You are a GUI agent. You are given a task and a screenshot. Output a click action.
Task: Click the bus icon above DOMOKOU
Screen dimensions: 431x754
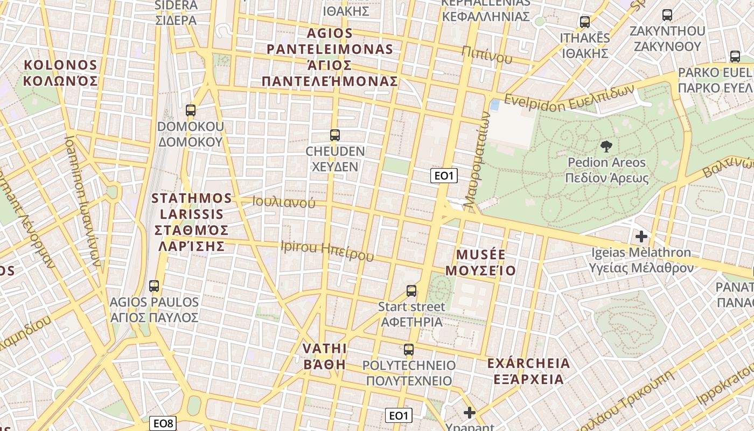(190, 110)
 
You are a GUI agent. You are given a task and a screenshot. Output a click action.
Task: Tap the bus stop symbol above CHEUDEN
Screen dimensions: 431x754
(335, 135)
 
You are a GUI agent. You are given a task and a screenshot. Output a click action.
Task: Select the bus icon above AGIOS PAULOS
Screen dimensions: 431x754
(154, 286)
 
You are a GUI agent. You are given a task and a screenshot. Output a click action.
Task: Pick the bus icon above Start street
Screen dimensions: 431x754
(411, 291)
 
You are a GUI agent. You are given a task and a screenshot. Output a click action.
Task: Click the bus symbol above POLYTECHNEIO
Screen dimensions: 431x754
(409, 350)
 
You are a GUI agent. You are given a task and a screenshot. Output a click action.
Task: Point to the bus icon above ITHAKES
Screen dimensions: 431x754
(585, 22)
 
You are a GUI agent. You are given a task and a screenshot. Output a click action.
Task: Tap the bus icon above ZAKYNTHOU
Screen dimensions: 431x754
(667, 15)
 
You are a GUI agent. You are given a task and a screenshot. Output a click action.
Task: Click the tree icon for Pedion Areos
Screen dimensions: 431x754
(606, 147)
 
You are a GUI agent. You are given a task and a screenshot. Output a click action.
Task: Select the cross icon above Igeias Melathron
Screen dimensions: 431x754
(641, 236)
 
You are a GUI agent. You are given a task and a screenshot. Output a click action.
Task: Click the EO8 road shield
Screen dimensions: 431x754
(163, 423)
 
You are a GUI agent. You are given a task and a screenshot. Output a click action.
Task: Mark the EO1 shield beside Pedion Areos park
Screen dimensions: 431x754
(444, 176)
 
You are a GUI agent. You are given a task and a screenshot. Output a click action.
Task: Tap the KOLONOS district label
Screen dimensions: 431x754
(60, 73)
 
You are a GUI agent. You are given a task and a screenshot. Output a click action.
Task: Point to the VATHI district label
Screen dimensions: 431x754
(325, 356)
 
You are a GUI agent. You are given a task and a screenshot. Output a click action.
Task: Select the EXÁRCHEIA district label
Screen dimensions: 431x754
(528, 371)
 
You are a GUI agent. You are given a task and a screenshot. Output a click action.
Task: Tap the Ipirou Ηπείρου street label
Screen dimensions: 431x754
(327, 251)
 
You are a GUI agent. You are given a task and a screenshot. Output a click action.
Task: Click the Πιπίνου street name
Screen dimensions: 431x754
(487, 54)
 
